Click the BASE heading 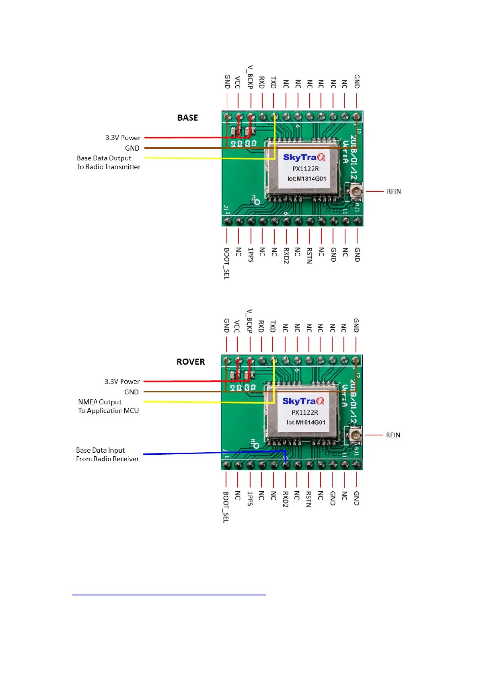coord(187,118)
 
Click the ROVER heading coord(191,362)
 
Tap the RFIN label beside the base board coord(394,191)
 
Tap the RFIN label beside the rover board coord(393,435)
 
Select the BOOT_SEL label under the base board coord(227,263)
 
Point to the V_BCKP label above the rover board coord(249,321)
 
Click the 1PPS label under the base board coord(251,255)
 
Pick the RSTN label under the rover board coord(308,499)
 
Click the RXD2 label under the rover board coord(285,499)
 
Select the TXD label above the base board coord(273,82)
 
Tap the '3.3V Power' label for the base coord(123,137)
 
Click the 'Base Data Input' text coord(100,450)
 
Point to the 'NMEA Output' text coord(100,402)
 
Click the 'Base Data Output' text coord(104,158)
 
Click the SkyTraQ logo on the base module coord(304,157)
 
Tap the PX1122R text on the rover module coord(305,412)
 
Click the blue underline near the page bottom coord(169,595)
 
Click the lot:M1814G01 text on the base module coord(306,179)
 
